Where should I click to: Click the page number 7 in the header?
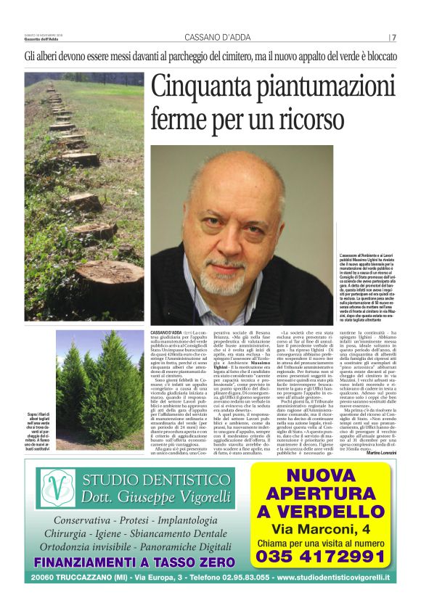(394, 38)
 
